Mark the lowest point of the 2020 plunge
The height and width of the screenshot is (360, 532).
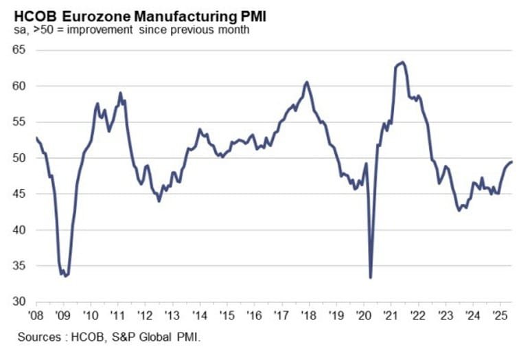click(371, 278)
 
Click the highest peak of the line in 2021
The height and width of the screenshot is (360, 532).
click(402, 63)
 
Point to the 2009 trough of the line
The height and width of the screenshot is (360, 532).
click(65, 276)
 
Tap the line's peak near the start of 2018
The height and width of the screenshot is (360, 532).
click(307, 82)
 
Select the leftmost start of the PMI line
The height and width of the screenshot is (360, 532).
click(35, 137)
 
